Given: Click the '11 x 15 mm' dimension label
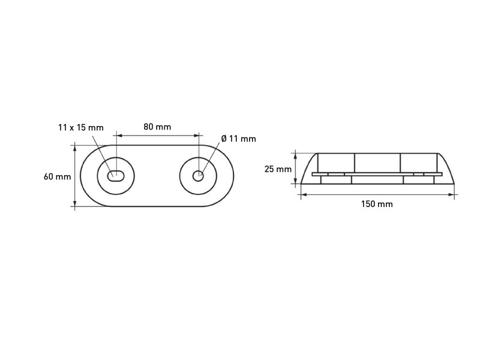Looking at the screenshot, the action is coord(81,128).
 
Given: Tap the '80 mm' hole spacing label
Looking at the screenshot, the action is coord(157,127).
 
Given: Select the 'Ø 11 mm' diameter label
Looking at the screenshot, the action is coord(239,139).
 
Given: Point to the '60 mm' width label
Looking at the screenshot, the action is coord(57,176).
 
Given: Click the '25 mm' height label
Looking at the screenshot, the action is coord(278,169).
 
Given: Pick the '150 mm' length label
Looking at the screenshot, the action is coord(377,204).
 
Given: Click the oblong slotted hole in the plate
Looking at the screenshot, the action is coord(116,176).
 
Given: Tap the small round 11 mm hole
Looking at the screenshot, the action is coord(198,176).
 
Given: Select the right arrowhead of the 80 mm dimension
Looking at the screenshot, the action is coord(196,136).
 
